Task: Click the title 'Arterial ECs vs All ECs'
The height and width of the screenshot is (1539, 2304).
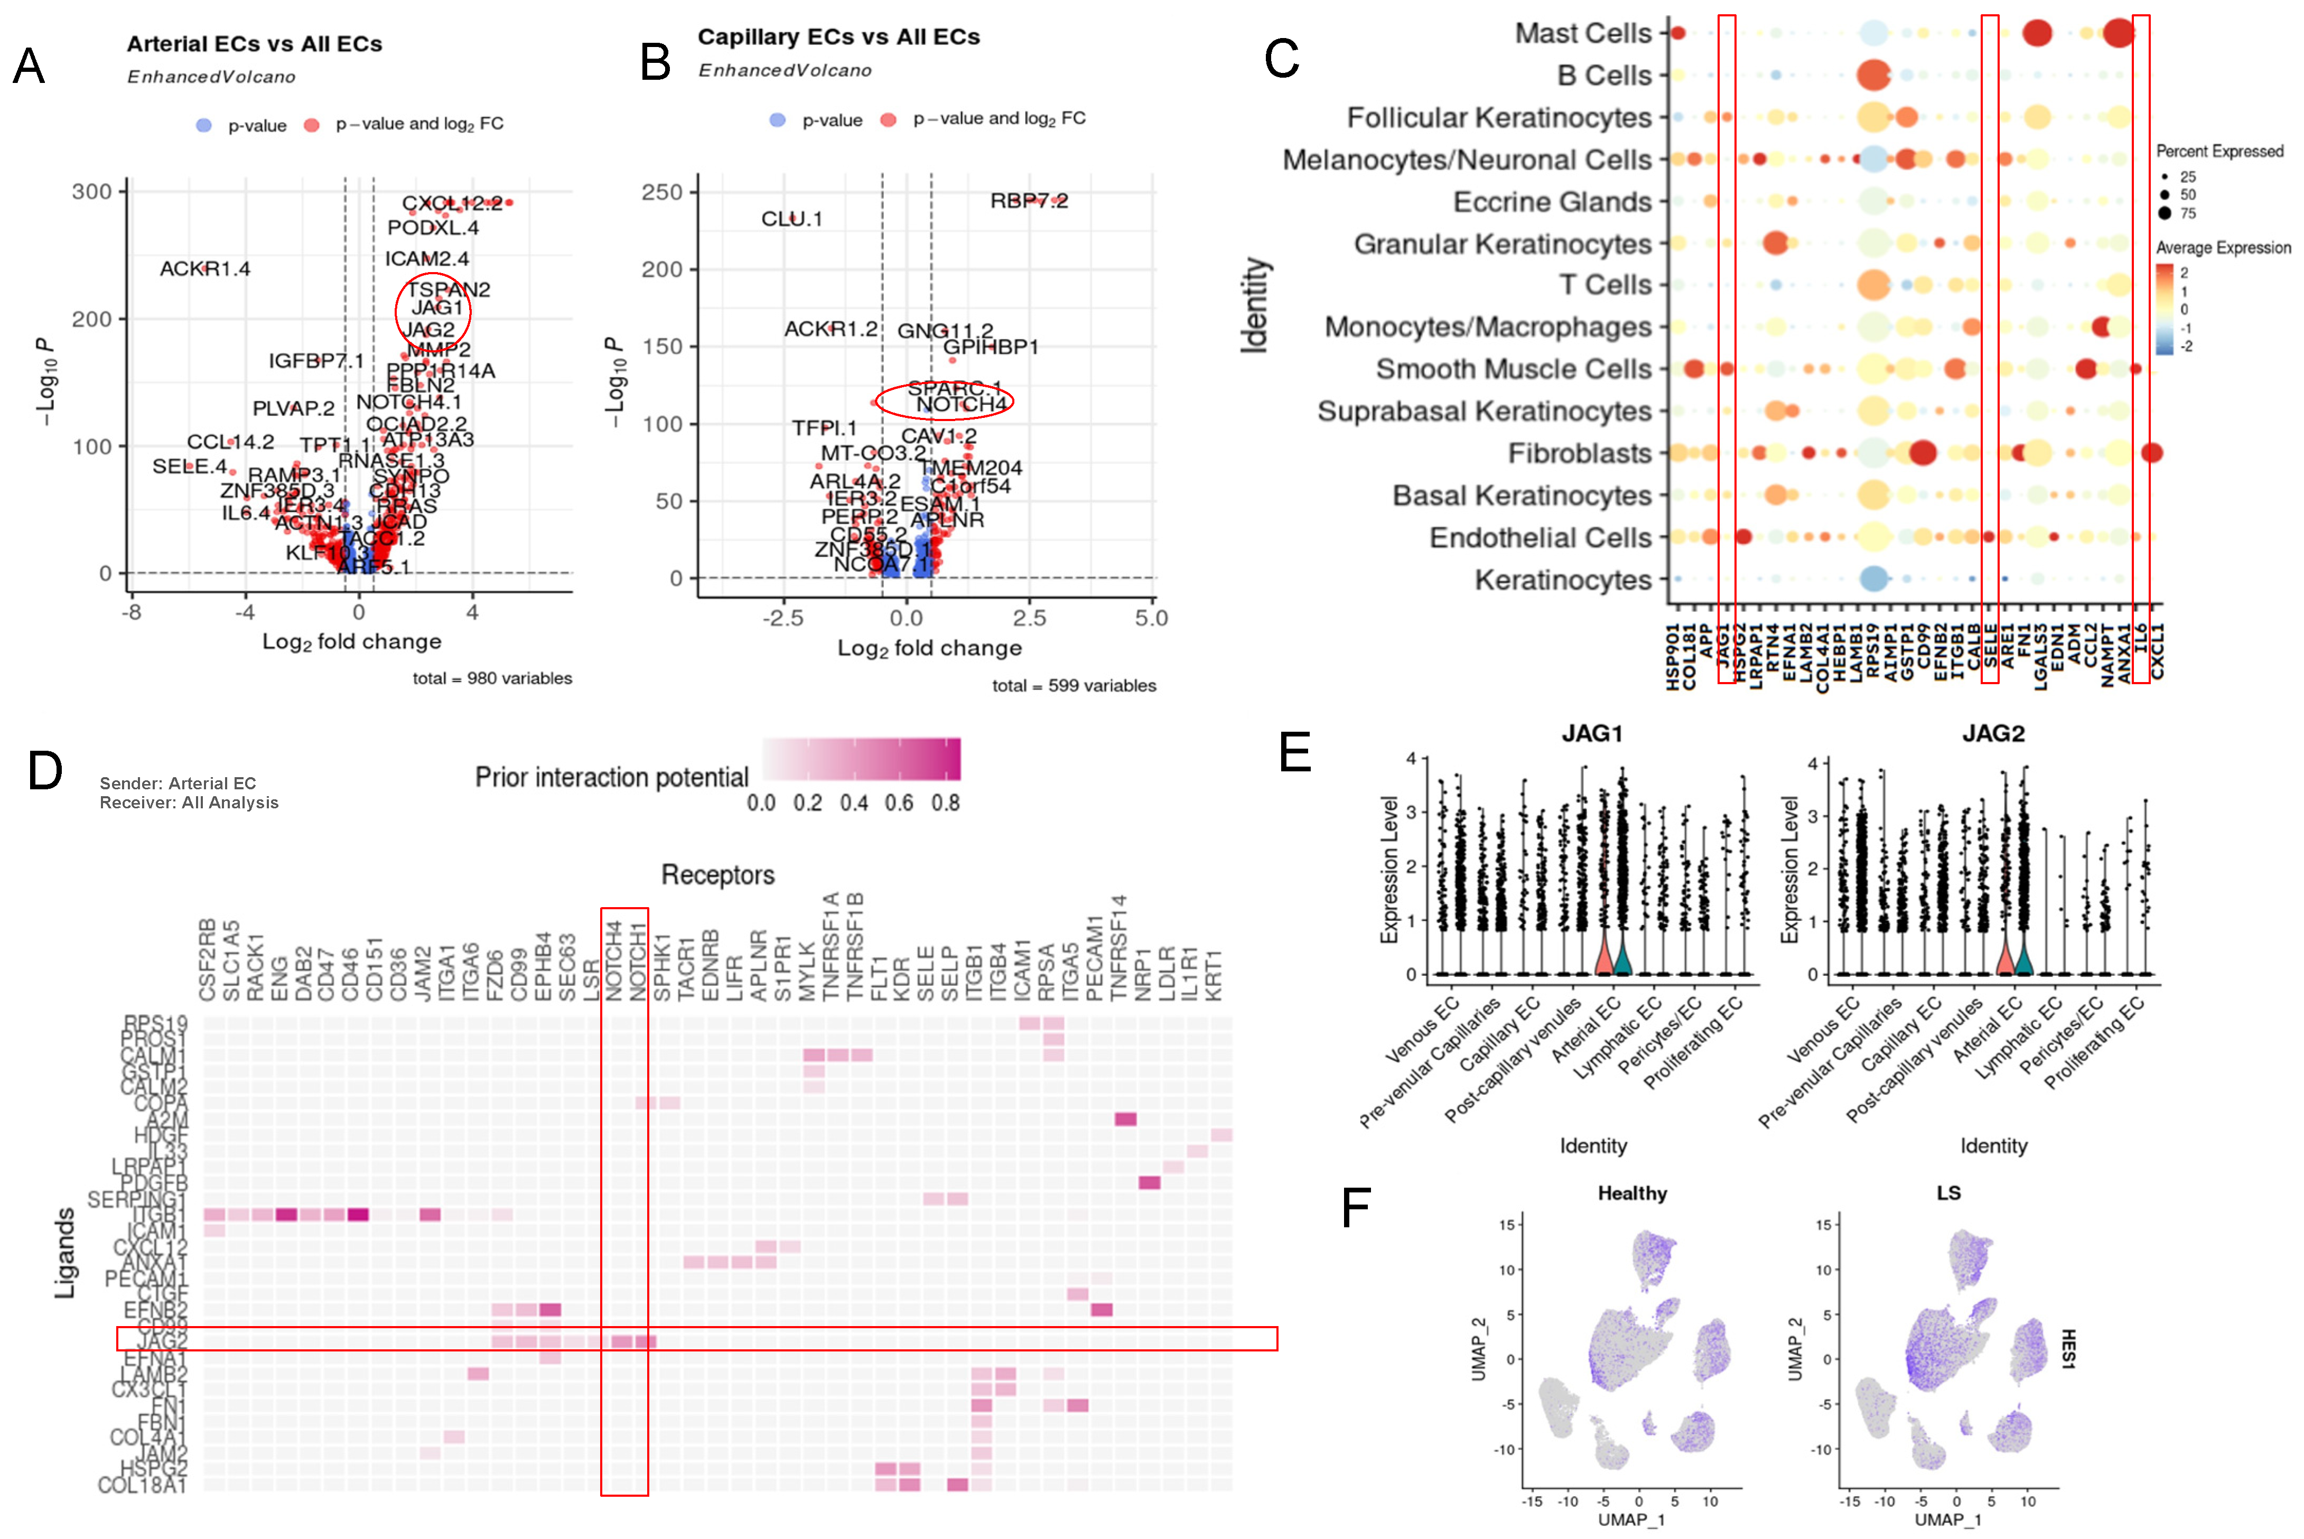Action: coord(254,44)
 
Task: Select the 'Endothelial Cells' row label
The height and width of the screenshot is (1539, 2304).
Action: coord(1540,538)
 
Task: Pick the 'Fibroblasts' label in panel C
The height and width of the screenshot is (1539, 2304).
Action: coord(1579,453)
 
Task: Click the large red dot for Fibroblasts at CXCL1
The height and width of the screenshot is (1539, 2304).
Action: coord(2152,452)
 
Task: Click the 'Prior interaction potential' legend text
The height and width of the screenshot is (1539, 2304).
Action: coord(611,777)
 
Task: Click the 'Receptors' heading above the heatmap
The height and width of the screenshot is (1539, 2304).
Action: coord(717,874)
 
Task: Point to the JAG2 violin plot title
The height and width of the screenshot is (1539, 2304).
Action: coord(1993,733)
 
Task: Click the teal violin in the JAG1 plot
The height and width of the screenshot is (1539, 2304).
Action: coord(1621,957)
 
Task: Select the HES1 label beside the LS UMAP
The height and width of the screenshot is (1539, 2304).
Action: coord(2067,1349)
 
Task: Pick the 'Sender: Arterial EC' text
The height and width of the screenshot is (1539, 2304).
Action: coord(178,784)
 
